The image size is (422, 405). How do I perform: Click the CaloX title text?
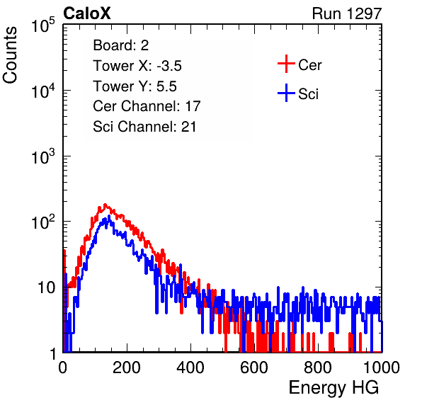(86, 13)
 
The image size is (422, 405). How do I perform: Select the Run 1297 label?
(347, 13)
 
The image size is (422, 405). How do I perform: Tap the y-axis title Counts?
(10, 55)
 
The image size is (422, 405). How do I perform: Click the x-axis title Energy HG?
(333, 388)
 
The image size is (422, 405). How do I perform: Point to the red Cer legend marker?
(286, 64)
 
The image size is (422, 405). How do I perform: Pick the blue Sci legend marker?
(286, 93)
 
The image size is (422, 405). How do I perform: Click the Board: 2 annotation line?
(121, 45)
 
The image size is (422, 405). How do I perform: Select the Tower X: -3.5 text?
(137, 66)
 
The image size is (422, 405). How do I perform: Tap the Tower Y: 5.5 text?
(135, 86)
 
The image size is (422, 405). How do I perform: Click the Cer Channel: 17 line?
(147, 106)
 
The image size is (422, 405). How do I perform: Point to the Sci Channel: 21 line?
(144, 127)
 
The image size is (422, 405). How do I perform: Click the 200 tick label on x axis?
(127, 367)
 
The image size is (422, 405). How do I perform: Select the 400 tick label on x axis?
(190, 367)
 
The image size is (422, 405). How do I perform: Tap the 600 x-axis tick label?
(254, 367)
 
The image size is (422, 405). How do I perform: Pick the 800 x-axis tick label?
(318, 367)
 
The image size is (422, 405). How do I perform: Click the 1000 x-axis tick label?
(382, 367)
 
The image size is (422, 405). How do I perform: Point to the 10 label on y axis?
(46, 287)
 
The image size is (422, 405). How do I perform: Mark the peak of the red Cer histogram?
(105, 205)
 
